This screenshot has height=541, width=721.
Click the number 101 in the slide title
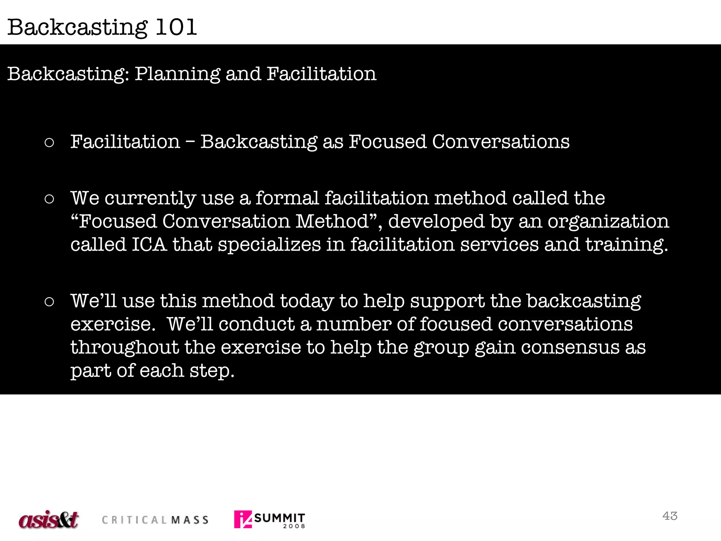click(176, 27)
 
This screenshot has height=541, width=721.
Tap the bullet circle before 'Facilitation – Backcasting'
click(49, 143)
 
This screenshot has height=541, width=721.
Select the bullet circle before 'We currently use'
click(49, 199)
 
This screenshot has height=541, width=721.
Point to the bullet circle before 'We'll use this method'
click(49, 302)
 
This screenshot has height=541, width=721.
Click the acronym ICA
click(149, 244)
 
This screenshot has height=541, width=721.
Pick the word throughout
click(125, 348)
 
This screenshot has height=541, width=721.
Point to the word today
click(307, 302)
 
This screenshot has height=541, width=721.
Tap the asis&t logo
click(49, 520)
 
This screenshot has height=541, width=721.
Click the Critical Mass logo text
click(155, 520)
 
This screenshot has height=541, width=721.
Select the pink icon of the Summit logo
click(243, 519)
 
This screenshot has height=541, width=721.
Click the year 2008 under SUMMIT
click(294, 526)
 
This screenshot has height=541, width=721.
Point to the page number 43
click(670, 516)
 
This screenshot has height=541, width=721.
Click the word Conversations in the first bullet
click(500, 142)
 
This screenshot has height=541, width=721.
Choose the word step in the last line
click(212, 371)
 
